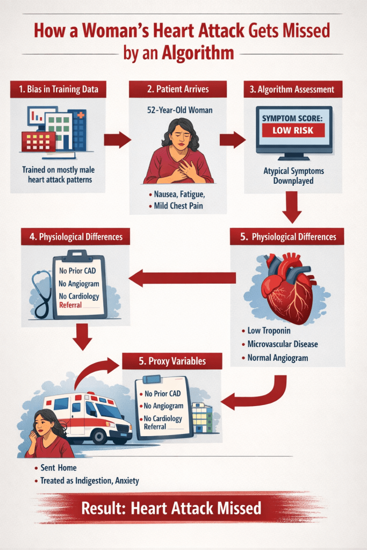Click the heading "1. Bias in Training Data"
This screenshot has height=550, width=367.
point(58,90)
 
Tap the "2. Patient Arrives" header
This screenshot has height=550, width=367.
point(171,90)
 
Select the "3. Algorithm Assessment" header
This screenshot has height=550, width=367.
point(292,90)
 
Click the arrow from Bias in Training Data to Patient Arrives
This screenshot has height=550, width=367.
point(117,140)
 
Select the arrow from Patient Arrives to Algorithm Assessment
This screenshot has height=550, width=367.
point(232,140)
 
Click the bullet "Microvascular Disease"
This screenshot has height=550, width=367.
point(283,344)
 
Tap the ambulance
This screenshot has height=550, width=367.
point(89,419)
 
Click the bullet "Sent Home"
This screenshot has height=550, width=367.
point(58,468)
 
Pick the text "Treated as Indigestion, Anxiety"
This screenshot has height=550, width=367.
point(89,481)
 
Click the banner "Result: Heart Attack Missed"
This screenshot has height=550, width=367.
point(171,508)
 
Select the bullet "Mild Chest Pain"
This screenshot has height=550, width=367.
point(175,205)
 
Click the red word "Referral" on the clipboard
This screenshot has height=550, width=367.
point(71,305)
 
